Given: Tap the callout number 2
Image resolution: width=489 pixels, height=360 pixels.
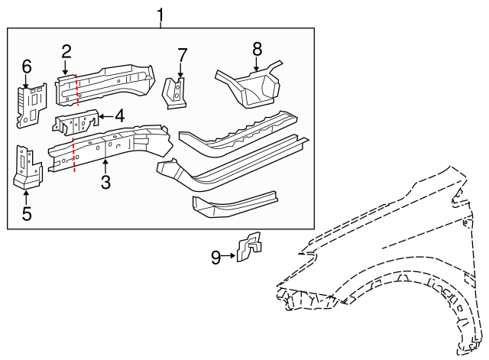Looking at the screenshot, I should [66, 51].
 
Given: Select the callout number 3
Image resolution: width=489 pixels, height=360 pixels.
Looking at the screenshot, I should [105, 182].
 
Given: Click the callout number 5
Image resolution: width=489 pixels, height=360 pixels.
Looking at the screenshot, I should [27, 213].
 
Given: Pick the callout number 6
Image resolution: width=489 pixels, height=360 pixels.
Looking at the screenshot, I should [27, 67].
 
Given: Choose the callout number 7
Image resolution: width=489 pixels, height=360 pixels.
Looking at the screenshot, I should [182, 55].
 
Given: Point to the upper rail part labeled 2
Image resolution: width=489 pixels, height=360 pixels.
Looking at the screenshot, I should [103, 83].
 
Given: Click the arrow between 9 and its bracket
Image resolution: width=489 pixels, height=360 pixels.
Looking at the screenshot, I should [229, 258].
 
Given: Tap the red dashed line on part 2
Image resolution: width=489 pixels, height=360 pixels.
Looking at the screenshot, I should [76, 89].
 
